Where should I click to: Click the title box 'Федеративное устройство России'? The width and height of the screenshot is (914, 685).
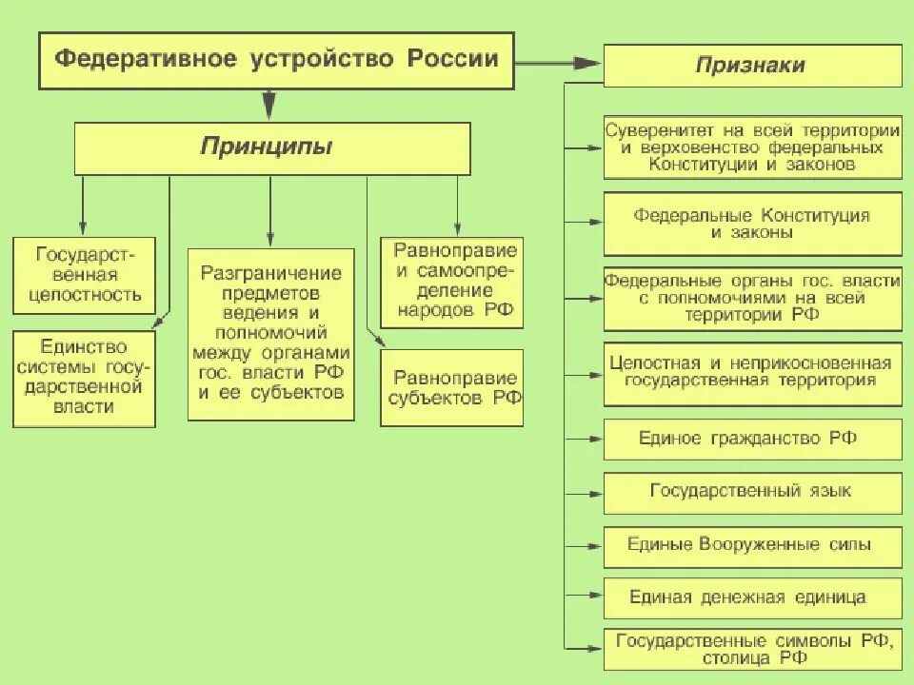click(276, 60)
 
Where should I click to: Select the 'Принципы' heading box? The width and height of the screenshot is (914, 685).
click(272, 148)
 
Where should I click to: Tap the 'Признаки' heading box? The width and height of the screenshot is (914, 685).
click(752, 66)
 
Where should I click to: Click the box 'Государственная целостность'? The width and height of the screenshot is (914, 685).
click(83, 276)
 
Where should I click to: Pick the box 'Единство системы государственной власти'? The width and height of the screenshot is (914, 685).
click(83, 378)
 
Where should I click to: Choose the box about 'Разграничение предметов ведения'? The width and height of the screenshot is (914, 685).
click(271, 333)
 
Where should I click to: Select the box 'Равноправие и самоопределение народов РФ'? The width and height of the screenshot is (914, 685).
click(451, 283)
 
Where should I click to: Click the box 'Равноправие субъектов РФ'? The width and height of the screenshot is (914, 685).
click(451, 387)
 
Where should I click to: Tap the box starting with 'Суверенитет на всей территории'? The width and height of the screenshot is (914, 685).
click(752, 147)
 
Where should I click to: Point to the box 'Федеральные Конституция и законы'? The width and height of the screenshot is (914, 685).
click(752, 224)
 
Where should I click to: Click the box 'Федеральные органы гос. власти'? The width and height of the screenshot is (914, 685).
click(752, 299)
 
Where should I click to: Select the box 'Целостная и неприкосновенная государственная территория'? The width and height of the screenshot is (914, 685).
click(752, 373)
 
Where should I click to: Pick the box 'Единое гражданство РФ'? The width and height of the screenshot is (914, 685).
click(752, 440)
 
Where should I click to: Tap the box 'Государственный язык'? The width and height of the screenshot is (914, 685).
click(752, 493)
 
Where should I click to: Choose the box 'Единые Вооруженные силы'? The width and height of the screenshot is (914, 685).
click(752, 547)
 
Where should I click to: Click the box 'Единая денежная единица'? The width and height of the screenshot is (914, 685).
click(752, 598)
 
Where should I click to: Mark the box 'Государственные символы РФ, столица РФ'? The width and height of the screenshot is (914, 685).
click(752, 649)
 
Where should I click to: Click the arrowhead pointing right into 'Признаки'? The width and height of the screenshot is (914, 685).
click(588, 64)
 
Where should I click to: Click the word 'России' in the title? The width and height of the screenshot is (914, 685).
click(453, 59)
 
